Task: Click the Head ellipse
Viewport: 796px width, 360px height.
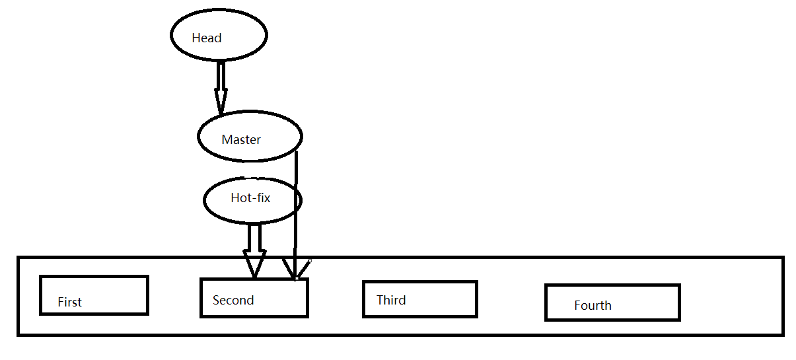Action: coord(219,36)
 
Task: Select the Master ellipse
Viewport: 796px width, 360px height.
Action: coord(250,136)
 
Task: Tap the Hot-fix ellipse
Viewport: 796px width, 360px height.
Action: coord(252,201)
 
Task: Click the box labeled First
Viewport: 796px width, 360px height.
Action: coord(94,295)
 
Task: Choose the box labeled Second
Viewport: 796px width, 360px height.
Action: coord(254,298)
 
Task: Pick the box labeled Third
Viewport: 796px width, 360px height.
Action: coord(419,299)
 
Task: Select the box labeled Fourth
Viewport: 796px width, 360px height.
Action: coord(612,303)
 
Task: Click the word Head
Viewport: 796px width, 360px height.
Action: coord(206,38)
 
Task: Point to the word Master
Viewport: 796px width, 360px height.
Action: coord(241,140)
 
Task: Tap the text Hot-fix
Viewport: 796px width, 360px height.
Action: coord(250,198)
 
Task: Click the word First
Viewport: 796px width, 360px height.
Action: coord(69,303)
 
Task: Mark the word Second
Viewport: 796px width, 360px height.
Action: coord(233,301)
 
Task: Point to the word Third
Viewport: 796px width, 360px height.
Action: coord(391,301)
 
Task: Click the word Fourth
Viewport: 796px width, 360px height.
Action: coord(593,306)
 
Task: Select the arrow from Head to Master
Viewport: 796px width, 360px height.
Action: coord(221,83)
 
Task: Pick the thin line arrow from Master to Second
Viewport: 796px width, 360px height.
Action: coord(295,211)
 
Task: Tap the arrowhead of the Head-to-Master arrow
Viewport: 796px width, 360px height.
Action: coord(221,102)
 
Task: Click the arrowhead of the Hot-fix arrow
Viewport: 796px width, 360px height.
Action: coord(254,264)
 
